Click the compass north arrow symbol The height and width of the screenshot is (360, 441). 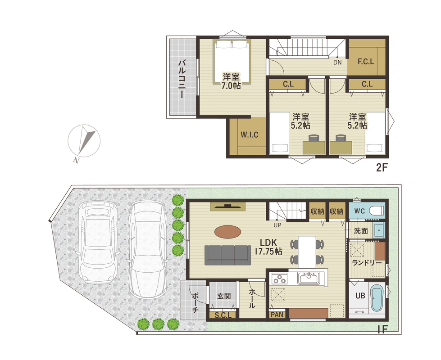84,141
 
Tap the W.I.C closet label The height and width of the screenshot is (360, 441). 250,135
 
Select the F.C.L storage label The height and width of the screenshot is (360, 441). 366,62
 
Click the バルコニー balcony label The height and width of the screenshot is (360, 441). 182,78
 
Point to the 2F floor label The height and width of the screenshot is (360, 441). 382,168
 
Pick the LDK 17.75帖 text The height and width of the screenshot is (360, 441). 268,247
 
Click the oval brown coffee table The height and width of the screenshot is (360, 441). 228,232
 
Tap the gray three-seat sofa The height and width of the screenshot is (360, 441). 227,255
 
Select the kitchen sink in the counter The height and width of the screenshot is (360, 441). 309,278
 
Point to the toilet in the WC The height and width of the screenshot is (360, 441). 376,211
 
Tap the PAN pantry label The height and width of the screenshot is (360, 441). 277,315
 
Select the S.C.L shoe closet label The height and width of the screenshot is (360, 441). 223,315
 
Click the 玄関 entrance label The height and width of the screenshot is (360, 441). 224,296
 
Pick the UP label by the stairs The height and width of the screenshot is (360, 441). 277,225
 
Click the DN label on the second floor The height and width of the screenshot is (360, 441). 337,63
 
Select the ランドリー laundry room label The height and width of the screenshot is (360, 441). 367,263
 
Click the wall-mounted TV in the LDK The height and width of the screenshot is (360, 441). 228,207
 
